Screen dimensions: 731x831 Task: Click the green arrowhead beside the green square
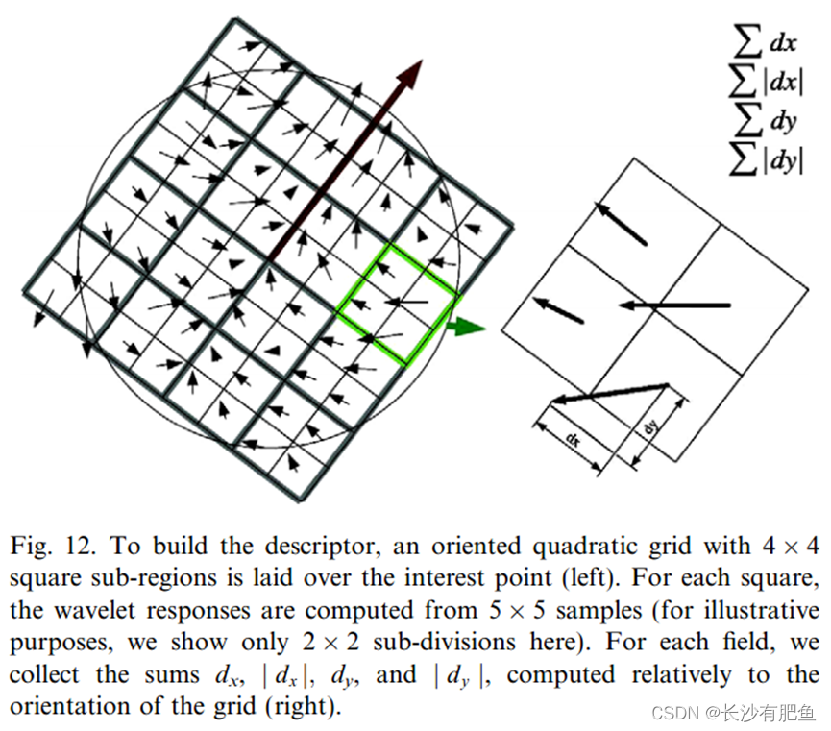click(469, 328)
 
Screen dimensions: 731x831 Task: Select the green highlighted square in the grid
click(397, 303)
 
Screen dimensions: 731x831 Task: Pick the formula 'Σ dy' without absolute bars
click(764, 123)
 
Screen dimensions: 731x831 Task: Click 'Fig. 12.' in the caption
click(53, 547)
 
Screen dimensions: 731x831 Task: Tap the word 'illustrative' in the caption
click(761, 611)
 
